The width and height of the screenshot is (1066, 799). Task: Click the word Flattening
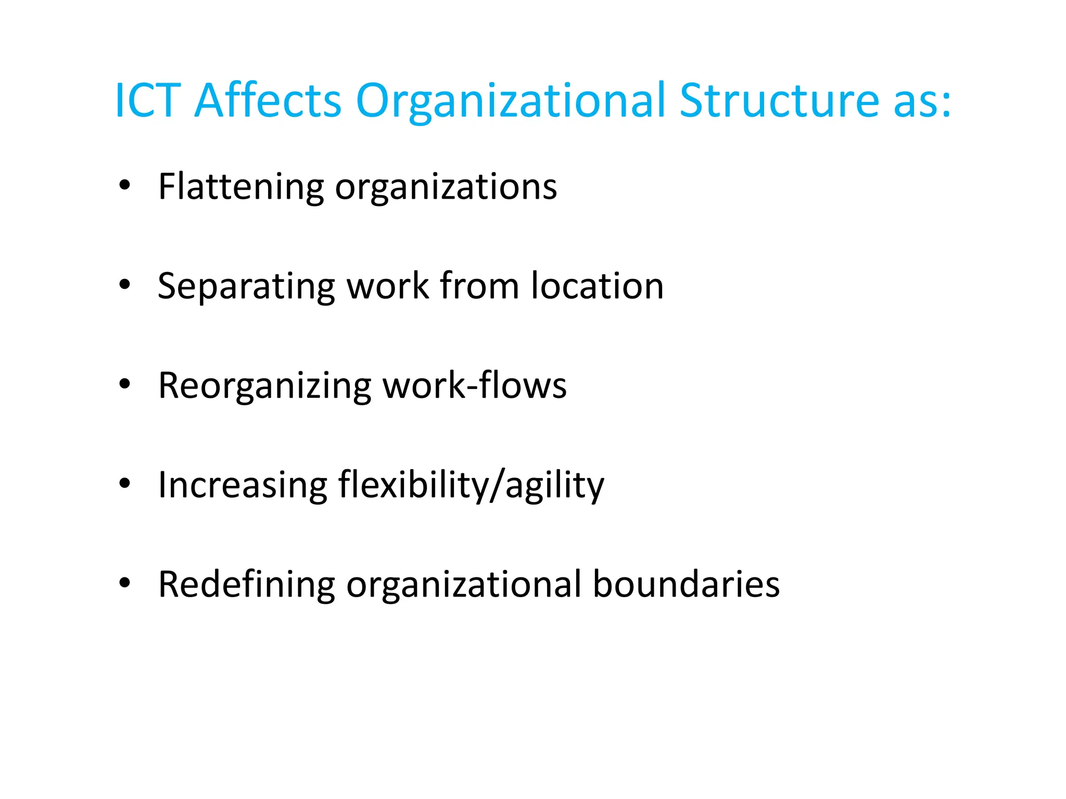point(240,187)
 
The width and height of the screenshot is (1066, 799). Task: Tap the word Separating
point(246,287)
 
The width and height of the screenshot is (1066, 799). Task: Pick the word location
point(597,286)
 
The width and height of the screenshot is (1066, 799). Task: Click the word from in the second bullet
point(479,286)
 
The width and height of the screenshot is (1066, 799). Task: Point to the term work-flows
point(475,385)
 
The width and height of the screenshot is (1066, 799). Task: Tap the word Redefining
point(246,585)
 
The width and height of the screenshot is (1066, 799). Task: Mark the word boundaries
point(686,584)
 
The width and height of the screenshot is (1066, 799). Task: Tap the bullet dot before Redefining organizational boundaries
point(124,583)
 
